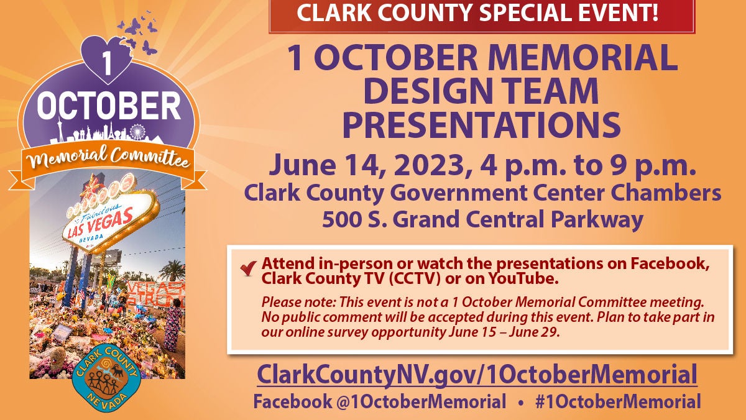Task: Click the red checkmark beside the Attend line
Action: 249,268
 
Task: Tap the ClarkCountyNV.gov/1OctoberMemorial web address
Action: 477,375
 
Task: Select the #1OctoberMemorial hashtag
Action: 618,401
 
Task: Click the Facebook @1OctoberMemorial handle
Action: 380,401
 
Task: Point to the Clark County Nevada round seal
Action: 106,378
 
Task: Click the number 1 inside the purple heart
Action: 106,63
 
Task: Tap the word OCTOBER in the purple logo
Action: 109,106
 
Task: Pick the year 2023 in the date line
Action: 430,165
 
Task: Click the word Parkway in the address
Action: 597,220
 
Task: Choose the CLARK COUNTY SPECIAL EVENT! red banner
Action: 482,16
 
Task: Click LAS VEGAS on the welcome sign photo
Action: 100,222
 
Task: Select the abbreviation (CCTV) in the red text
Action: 414,279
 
